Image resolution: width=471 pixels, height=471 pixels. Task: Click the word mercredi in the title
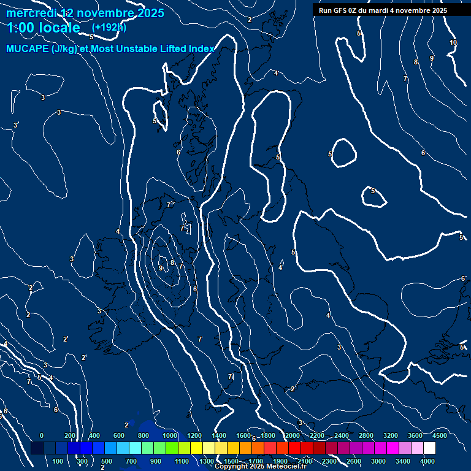click(x=30, y=13)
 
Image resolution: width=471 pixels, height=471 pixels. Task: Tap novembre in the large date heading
click(x=105, y=13)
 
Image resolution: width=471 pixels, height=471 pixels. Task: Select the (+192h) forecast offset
click(x=109, y=28)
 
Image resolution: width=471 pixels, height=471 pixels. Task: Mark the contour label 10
click(x=453, y=42)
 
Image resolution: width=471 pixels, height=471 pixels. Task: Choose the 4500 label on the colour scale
click(x=439, y=435)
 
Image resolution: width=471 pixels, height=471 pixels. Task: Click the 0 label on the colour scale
click(x=42, y=435)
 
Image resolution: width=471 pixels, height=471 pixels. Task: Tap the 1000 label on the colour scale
click(x=170, y=435)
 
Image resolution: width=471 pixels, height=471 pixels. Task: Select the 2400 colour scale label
click(x=342, y=435)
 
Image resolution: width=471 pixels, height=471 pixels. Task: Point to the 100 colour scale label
click(x=58, y=461)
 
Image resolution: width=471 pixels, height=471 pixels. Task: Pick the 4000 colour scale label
click(x=428, y=461)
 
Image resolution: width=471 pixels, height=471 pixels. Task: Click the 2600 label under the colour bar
click(x=354, y=461)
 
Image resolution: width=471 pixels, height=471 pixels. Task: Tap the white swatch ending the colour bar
click(x=446, y=448)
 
